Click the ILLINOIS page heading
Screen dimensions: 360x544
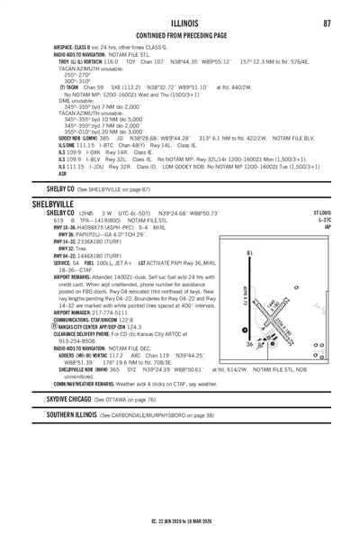coord(179,22)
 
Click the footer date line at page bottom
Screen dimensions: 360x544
coord(179,519)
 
